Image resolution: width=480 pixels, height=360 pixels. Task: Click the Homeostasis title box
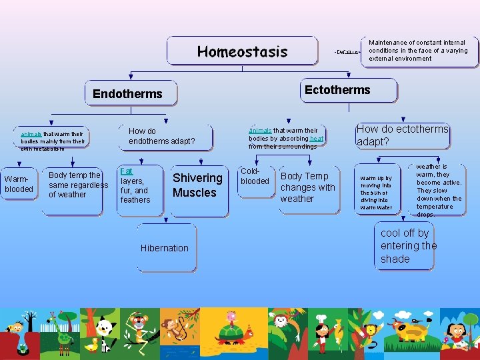242,51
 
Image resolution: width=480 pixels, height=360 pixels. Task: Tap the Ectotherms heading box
337,90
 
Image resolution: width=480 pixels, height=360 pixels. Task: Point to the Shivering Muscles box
197,185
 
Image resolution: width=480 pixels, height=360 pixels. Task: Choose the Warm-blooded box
19,184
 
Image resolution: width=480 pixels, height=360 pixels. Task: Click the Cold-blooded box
255,177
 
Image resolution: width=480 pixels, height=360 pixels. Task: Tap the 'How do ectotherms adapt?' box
403,135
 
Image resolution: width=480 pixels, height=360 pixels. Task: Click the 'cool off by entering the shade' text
409,246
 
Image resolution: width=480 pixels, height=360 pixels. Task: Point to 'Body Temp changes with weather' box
308,187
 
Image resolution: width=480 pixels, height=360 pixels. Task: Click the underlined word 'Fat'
127,171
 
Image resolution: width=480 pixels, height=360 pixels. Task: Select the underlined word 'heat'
317,139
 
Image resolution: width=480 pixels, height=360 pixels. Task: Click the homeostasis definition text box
419,51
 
